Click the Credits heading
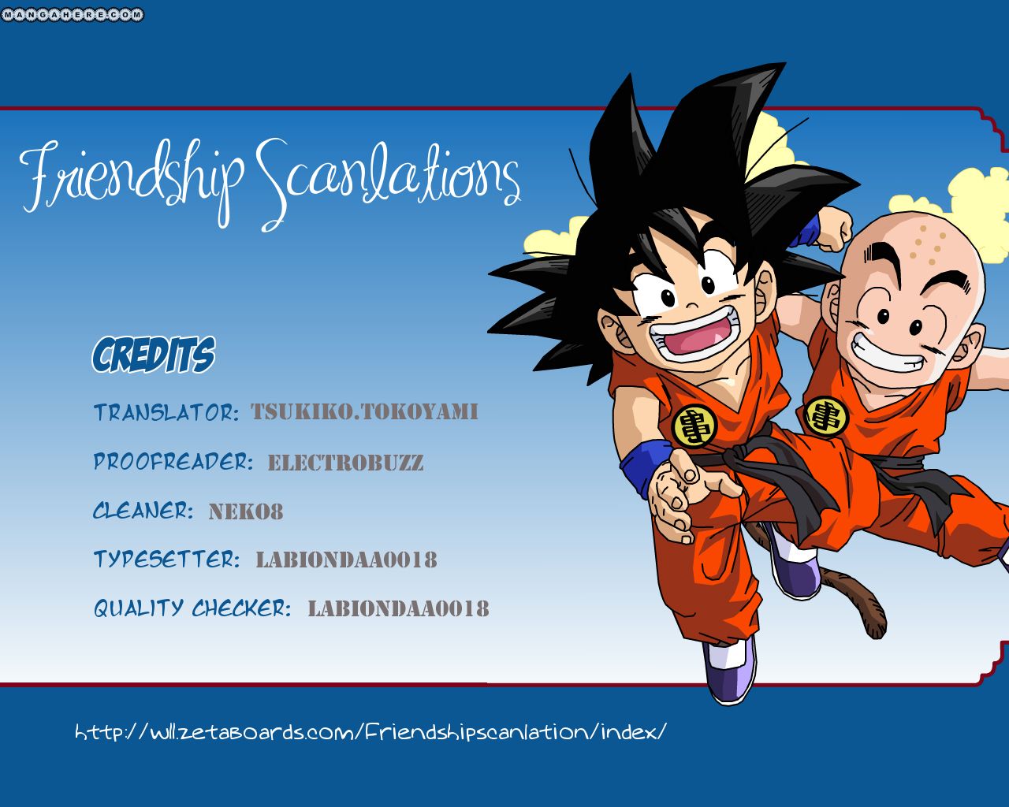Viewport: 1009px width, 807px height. click(x=154, y=355)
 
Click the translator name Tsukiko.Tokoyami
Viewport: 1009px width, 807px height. click(x=364, y=412)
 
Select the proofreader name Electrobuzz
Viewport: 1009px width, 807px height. click(x=345, y=463)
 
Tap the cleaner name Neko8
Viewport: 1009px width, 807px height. click(x=246, y=511)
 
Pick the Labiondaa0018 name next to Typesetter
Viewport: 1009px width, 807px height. click(x=346, y=560)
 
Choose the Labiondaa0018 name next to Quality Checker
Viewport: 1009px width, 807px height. click(x=398, y=609)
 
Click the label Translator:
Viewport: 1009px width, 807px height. click(x=166, y=412)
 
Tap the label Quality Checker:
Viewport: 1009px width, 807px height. click(x=192, y=608)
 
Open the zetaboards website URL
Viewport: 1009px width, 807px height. click(x=370, y=732)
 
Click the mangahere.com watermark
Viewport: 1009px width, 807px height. click(x=72, y=14)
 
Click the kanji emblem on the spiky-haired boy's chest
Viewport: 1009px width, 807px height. click(x=694, y=426)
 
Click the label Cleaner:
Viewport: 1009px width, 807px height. click(x=143, y=511)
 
